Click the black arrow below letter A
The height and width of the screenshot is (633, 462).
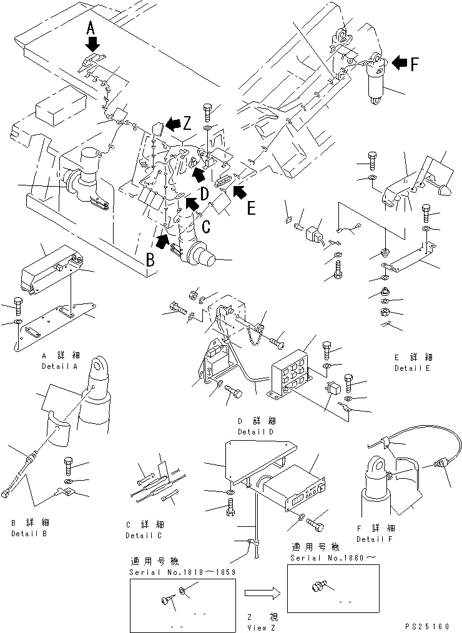click(92, 44)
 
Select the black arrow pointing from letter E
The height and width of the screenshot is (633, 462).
click(238, 194)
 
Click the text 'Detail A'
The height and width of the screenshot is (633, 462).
click(59, 366)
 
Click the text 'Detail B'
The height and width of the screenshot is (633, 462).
click(28, 534)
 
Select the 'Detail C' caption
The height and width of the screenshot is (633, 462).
click(144, 536)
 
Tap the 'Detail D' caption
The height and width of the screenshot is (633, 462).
click(255, 432)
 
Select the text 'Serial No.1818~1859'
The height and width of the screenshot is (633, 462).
click(182, 572)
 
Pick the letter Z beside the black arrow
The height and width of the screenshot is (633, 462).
click(187, 123)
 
